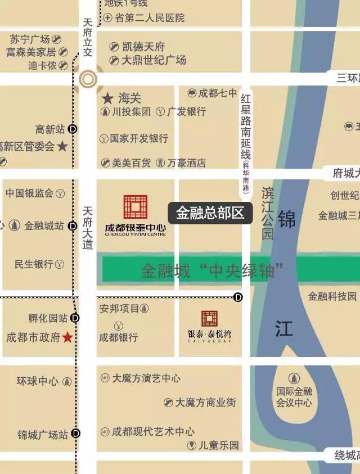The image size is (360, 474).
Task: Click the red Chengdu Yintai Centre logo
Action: point(136,207)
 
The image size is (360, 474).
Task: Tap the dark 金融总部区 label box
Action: point(210,213)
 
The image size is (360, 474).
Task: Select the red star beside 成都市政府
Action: point(67,337)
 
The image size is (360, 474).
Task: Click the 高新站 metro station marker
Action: point(73,129)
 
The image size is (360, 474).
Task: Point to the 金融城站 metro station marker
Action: point(73,226)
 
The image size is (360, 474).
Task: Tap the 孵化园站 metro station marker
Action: point(75,318)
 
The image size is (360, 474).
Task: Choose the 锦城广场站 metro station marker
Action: point(75,434)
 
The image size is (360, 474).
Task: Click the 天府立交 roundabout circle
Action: point(88,79)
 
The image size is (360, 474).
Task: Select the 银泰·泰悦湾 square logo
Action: point(209,318)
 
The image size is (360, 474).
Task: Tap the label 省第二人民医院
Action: point(150,18)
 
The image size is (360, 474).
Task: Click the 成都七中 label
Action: point(217,93)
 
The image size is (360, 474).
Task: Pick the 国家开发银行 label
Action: point(138,138)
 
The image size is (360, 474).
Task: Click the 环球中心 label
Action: point(37,381)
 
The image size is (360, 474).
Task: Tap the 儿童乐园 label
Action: point(219,445)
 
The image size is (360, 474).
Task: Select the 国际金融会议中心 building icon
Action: point(294,378)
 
